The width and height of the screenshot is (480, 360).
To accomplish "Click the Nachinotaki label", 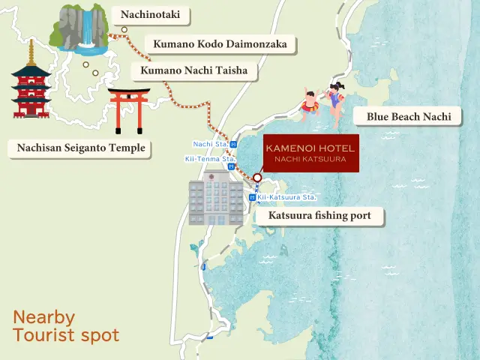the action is coord(151,14).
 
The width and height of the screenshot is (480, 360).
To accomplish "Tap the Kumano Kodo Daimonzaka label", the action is coord(220,44).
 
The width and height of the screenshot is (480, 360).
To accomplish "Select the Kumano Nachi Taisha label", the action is coord(194,72).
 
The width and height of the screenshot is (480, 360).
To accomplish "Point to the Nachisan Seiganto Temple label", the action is coord(81,148).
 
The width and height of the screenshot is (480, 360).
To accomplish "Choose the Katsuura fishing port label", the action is coord(319,217).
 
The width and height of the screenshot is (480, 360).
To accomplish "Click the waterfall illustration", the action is coord(81,30).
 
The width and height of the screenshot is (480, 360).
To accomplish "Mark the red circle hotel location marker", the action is coord(257,178).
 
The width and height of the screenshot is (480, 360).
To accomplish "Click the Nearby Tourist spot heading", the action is coord(66,325).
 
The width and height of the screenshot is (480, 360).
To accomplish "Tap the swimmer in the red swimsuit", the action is coord(309,103).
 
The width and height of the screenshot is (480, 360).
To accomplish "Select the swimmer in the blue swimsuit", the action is coord(334,98).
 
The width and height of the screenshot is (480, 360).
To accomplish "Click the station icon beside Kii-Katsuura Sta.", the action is coord(252,197).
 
